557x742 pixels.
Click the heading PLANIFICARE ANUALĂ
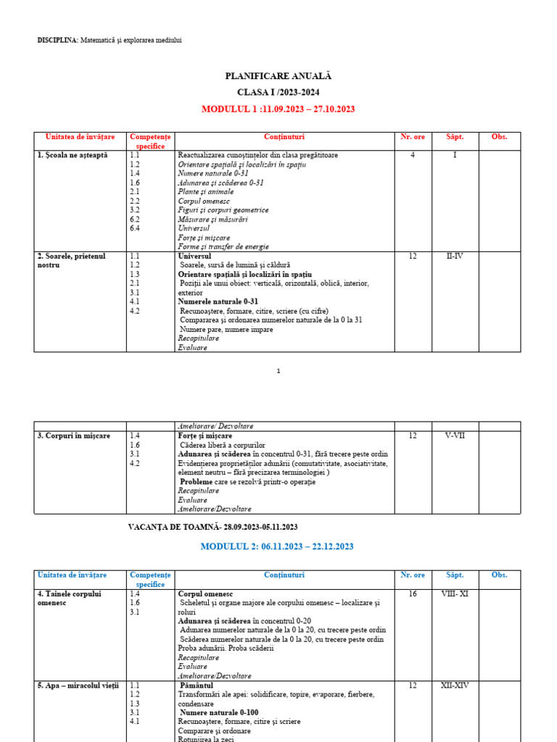pyautogui.click(x=278, y=75)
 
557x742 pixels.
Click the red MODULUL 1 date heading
pyautogui.click(x=278, y=109)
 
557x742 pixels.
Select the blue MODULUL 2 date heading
pyautogui.click(x=278, y=546)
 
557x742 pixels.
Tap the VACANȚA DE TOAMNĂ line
pyautogui.click(x=213, y=527)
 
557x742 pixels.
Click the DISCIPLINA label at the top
pyautogui.click(x=57, y=40)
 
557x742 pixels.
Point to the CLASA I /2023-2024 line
pyautogui.click(x=278, y=92)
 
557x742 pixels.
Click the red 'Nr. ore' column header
pyautogui.click(x=413, y=136)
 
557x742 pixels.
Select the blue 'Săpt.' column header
pyautogui.click(x=455, y=575)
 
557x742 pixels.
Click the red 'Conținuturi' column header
pyautogui.click(x=284, y=136)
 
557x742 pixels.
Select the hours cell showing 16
pyautogui.click(x=413, y=593)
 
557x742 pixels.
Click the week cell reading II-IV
pyautogui.click(x=455, y=256)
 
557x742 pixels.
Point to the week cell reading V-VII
pyautogui.click(x=455, y=435)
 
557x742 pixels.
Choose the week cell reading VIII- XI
pyautogui.click(x=455, y=593)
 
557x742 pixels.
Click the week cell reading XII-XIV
pyautogui.click(x=455, y=685)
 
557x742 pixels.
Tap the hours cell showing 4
pyautogui.click(x=413, y=155)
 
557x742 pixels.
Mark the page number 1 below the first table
pyautogui.click(x=278, y=371)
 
